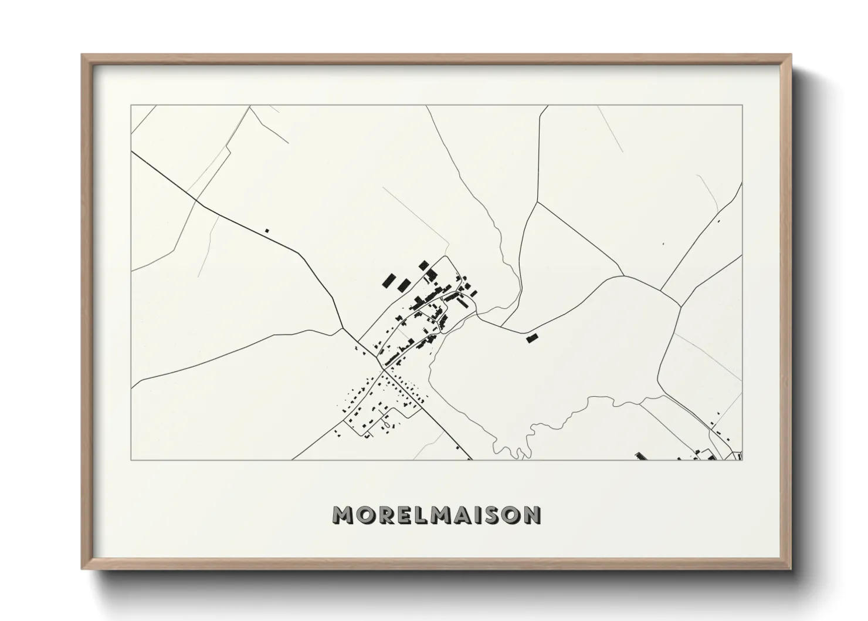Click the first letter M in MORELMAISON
pyautogui.click(x=343, y=515)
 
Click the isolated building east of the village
pyautogui.click(x=532, y=338)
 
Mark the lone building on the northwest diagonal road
pyautogui.click(x=267, y=231)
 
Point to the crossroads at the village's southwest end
pyautogui.click(x=384, y=370)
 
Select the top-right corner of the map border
pyautogui.click(x=742, y=106)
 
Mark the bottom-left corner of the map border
pyautogui.click(x=131, y=460)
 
